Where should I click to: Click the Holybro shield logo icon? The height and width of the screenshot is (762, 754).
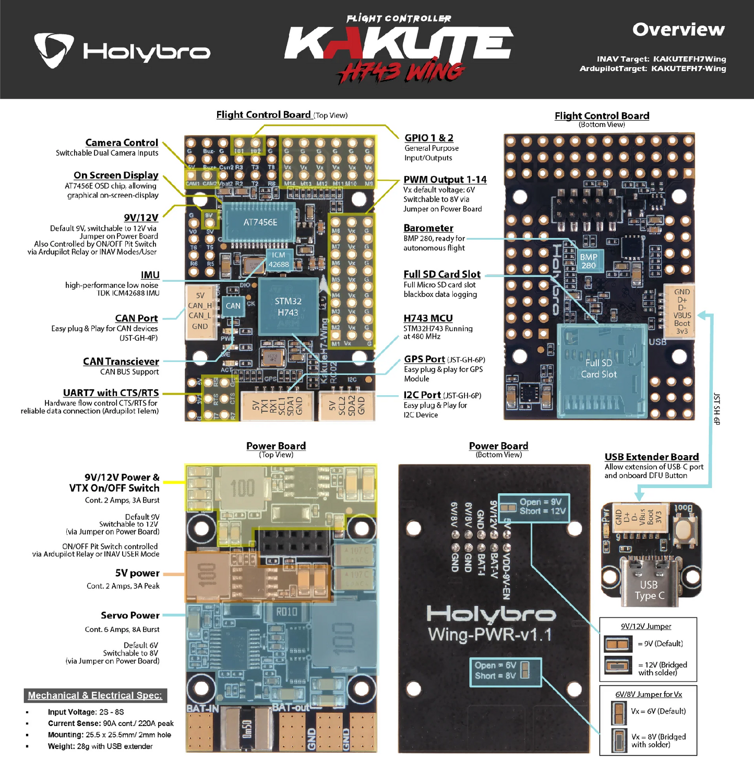53,50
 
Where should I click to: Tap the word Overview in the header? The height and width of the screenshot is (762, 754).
678,29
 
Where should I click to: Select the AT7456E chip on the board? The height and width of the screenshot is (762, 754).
260,222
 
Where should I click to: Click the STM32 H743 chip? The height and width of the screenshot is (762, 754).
288,306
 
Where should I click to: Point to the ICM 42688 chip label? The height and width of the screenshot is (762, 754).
279,259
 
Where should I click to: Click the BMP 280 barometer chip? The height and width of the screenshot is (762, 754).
589,261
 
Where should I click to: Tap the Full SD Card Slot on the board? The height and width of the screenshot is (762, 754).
601,369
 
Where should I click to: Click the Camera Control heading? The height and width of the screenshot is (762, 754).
122,142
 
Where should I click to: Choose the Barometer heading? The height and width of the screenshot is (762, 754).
428,228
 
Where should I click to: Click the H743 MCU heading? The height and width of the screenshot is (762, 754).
428,318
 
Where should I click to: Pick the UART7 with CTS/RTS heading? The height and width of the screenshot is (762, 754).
111,393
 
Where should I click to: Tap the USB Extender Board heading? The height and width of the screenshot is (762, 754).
651,457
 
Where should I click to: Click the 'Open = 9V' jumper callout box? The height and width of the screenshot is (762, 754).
534,506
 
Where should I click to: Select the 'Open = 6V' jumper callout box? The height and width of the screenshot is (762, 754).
505,671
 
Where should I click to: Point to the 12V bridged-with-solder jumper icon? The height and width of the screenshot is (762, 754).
618,665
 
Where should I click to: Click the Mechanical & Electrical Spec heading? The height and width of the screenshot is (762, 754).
95,695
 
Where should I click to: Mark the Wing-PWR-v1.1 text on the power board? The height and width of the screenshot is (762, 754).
489,635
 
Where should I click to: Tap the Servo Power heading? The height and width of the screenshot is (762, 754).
130,615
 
